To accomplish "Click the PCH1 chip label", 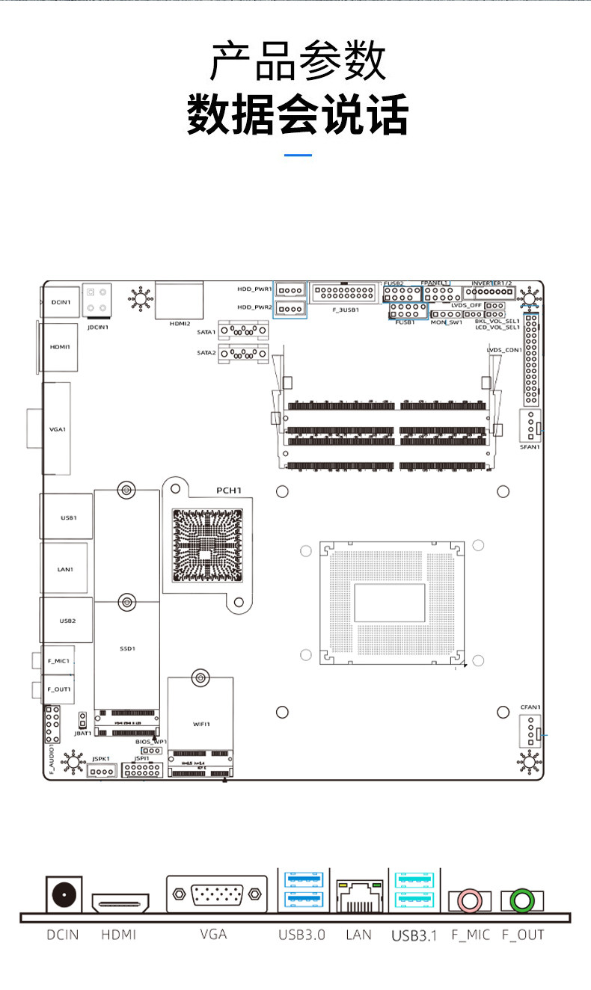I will point(229,491).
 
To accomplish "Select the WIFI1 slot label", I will point(201,725).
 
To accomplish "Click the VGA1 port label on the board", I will point(58,429).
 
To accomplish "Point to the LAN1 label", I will point(66,569).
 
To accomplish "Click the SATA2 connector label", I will point(206,352).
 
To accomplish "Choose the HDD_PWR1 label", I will point(254,289).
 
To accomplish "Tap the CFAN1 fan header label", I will point(530,707).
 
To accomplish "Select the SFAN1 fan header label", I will point(530,447).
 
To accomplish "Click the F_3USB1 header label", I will point(345,310).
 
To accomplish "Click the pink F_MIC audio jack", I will point(469,901).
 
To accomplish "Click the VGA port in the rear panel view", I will point(217,894).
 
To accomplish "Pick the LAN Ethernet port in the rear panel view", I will point(360,896).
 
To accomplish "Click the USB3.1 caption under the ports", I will point(414,935).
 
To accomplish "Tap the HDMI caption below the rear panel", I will point(118,935).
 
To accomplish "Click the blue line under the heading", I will point(298,155).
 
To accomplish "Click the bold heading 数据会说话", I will point(298,114).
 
